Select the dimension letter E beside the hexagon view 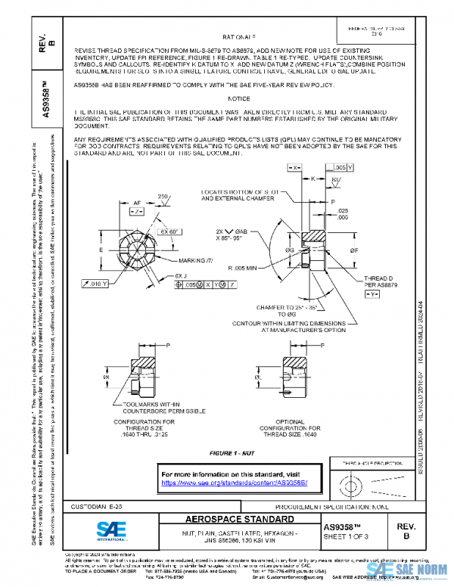coord(102,248)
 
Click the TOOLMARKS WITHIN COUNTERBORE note coord(149,408)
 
